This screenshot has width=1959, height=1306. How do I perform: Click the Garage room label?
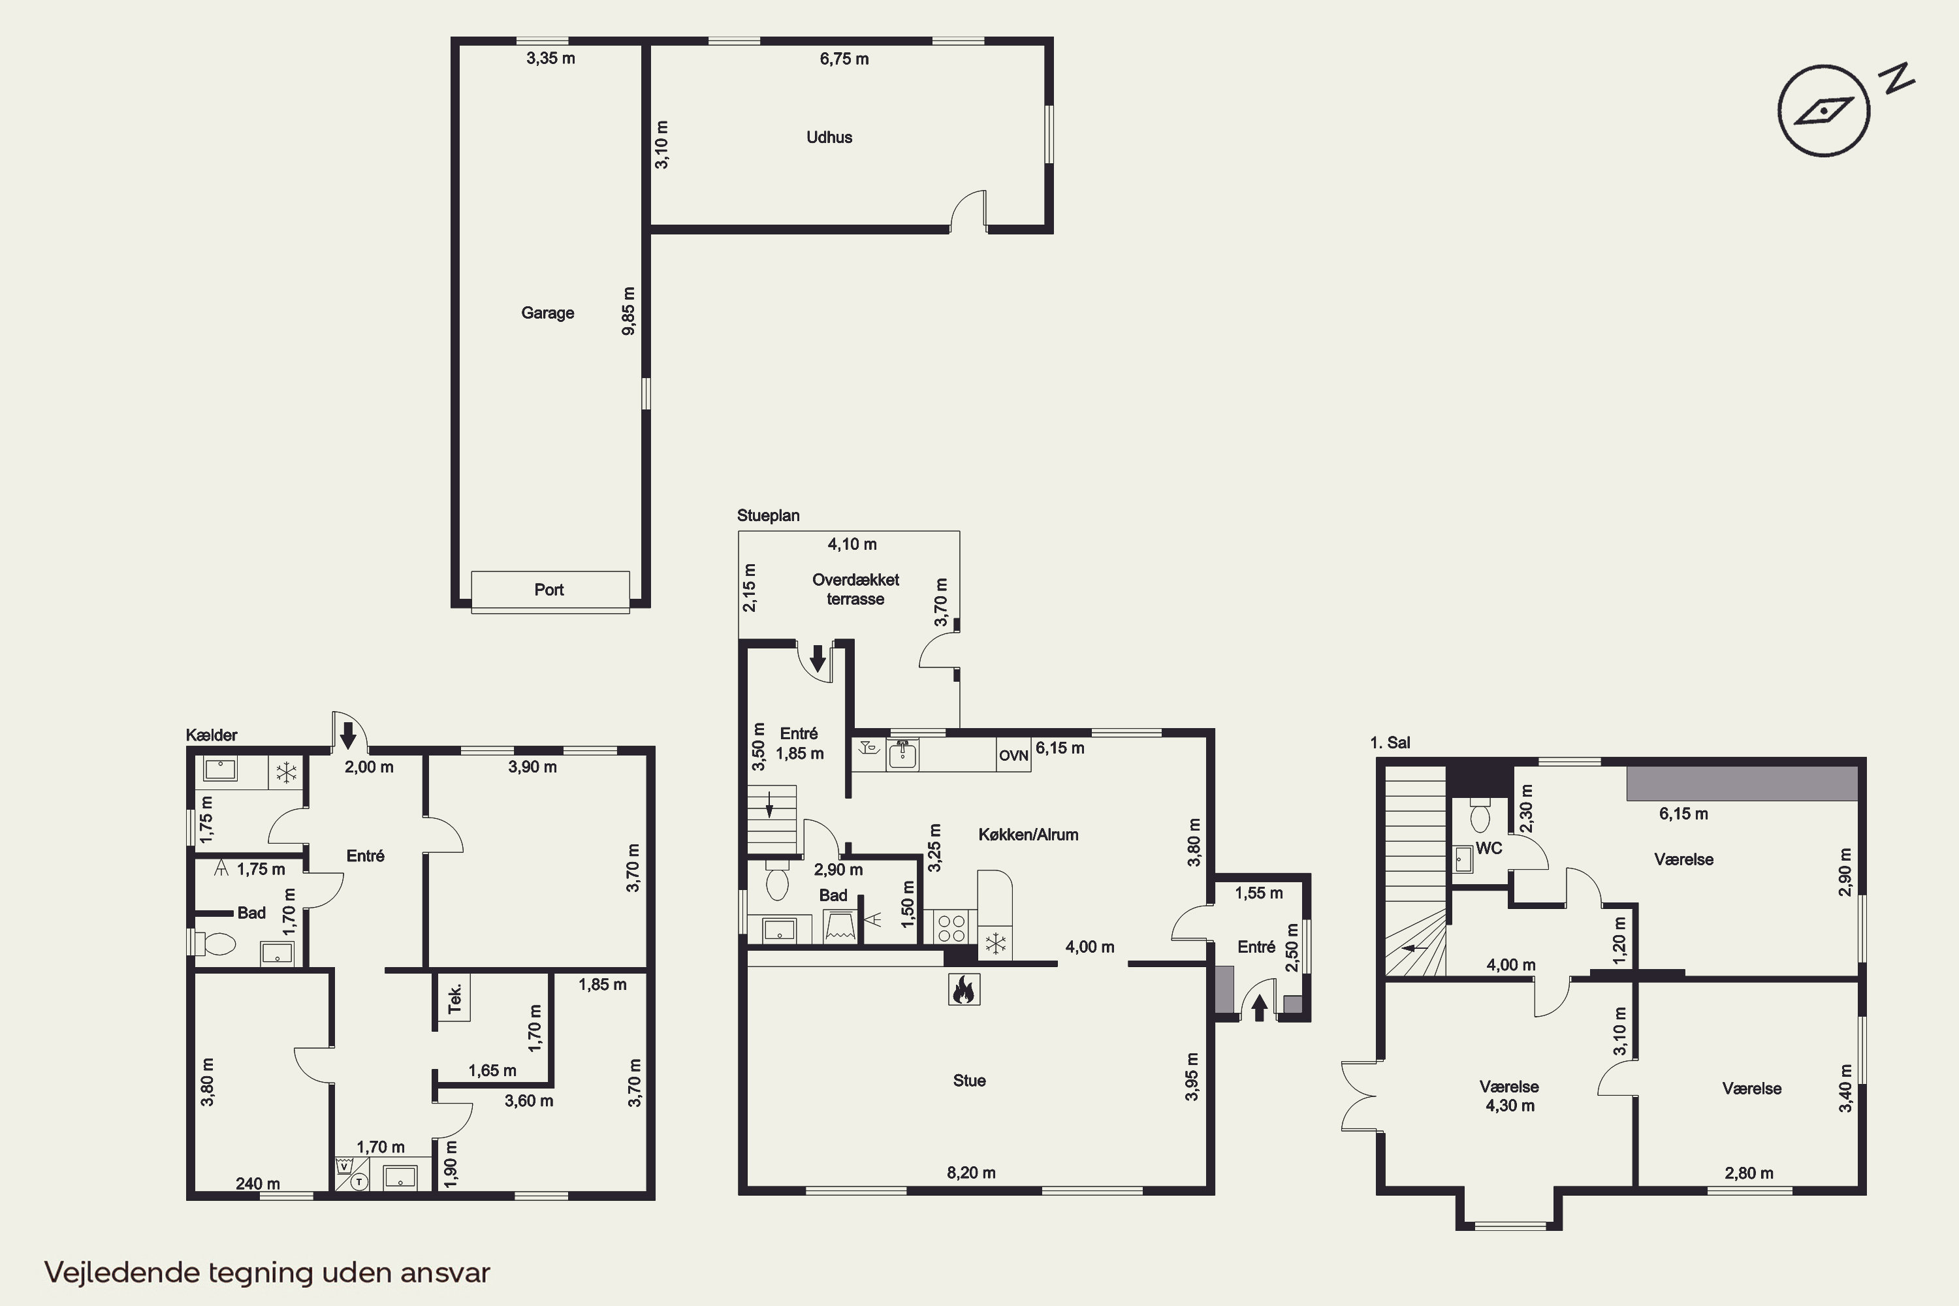click(547, 313)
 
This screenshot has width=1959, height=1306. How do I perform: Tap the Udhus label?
click(829, 137)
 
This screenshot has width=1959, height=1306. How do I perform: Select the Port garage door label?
click(549, 590)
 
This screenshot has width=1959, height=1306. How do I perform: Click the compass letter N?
click(1896, 78)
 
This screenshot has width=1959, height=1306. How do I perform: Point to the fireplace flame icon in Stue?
click(964, 989)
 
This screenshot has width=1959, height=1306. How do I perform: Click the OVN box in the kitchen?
click(1013, 756)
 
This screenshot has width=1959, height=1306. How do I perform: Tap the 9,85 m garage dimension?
click(629, 311)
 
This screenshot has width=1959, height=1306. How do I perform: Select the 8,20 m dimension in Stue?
click(971, 1173)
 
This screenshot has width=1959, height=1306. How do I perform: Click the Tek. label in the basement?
click(454, 998)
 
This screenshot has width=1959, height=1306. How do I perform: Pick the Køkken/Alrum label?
click(1028, 835)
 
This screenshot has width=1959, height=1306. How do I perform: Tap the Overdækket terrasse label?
click(855, 589)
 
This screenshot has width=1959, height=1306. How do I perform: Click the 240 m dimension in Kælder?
click(257, 1183)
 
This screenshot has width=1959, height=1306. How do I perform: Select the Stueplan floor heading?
click(768, 516)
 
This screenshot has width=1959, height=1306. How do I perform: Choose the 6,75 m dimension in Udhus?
click(844, 59)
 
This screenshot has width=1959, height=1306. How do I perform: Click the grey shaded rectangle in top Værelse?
click(1742, 783)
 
